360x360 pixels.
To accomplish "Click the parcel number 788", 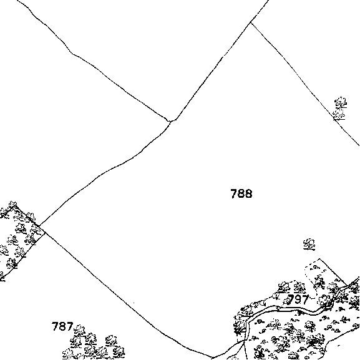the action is pyautogui.click(x=241, y=193).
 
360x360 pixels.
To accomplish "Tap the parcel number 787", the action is pyautogui.click(x=62, y=326).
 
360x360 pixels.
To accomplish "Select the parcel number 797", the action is pyautogui.click(x=298, y=299).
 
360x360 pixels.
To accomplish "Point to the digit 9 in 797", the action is pyautogui.click(x=298, y=299).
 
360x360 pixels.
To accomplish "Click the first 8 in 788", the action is pyautogui.click(x=241, y=193).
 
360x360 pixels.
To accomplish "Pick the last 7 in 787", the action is pyautogui.click(x=69, y=326).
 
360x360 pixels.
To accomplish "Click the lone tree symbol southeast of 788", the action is pyautogui.click(x=309, y=244).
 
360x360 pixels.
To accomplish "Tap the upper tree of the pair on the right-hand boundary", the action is pyautogui.click(x=341, y=102).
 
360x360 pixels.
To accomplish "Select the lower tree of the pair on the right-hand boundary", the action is pyautogui.click(x=339, y=114).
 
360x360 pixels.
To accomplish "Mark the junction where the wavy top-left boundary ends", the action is pyautogui.click(x=170, y=121).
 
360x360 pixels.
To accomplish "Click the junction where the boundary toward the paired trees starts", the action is pyautogui.click(x=251, y=22).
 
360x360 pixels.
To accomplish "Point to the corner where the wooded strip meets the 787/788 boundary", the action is pyautogui.click(x=45, y=232).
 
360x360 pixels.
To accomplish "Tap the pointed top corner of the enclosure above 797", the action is pyautogui.click(x=319, y=259).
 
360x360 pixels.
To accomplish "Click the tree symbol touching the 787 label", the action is pyautogui.click(x=79, y=331).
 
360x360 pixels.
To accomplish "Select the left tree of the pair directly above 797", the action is pyautogui.click(x=285, y=287).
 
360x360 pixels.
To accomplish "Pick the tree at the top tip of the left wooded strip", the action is pyautogui.click(x=12, y=205).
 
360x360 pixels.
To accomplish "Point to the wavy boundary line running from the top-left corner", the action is pyautogui.click(x=92, y=65).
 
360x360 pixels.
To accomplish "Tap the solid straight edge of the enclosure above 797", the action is pyautogui.click(x=333, y=272).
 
